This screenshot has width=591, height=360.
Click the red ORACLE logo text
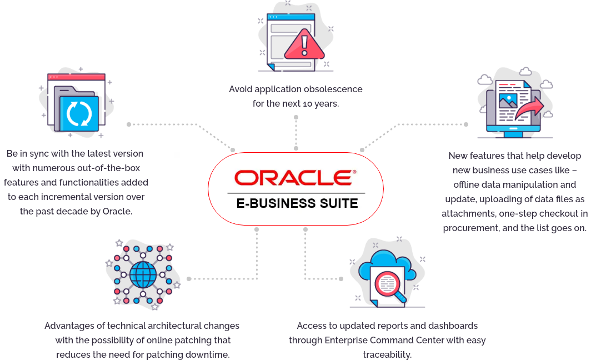point(294,178)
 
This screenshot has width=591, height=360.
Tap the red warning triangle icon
point(304,44)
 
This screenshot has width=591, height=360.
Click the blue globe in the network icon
point(143,275)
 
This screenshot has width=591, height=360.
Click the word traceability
point(387,355)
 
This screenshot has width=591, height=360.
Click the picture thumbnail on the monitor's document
point(508,101)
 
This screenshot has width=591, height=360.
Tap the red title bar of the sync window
point(76,77)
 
